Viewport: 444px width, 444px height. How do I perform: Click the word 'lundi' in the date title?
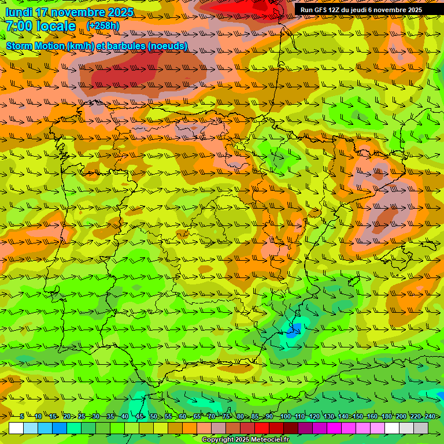click(x=20, y=12)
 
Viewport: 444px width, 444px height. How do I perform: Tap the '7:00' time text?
click(x=19, y=26)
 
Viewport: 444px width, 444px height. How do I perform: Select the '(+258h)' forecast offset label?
click(x=103, y=25)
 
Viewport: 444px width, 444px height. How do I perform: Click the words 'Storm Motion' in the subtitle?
click(x=35, y=46)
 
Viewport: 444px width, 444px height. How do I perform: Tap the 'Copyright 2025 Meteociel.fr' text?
click(x=246, y=440)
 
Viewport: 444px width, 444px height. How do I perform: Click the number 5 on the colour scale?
click(x=22, y=416)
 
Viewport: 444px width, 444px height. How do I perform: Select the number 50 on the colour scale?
click(x=153, y=416)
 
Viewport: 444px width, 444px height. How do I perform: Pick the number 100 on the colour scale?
click(x=285, y=416)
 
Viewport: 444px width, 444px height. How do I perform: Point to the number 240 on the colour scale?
click(x=431, y=416)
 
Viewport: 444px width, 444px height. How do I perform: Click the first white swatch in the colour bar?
click(x=16, y=428)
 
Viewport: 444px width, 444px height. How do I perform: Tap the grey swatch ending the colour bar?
click(x=421, y=428)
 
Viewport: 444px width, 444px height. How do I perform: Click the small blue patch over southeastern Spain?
click(x=293, y=331)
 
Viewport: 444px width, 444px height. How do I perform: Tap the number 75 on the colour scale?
click(x=226, y=416)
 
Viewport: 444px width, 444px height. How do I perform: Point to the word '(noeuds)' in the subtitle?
click(x=168, y=46)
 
